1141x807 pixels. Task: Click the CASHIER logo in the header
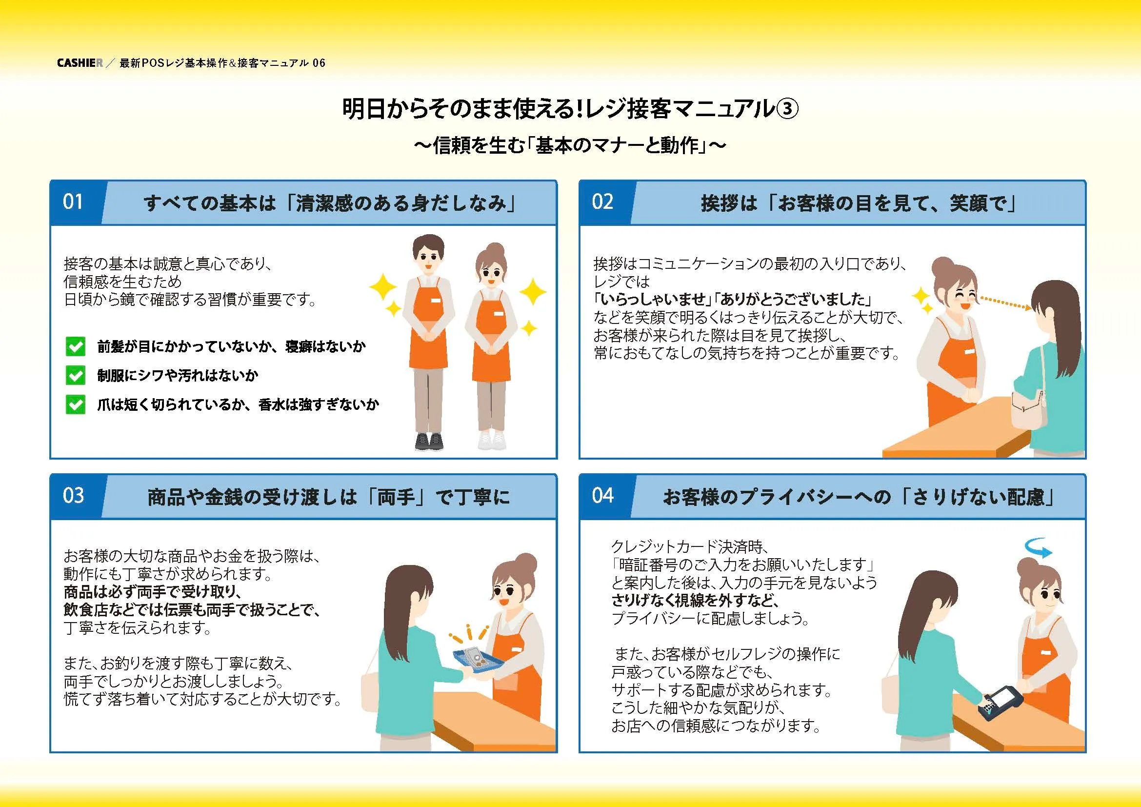(80, 63)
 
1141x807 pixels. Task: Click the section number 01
(73, 202)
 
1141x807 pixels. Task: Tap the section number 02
(602, 202)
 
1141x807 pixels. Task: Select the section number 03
(73, 495)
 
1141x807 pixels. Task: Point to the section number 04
(602, 495)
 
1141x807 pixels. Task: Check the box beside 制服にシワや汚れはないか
(76, 376)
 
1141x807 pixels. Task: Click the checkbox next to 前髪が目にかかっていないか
(76, 347)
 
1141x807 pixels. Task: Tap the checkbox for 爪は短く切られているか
(76, 404)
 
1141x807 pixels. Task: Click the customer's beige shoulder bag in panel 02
(1029, 410)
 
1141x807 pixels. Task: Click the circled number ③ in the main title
(787, 109)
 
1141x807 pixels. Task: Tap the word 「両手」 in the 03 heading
(396, 497)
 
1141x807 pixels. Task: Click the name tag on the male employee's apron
(435, 300)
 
